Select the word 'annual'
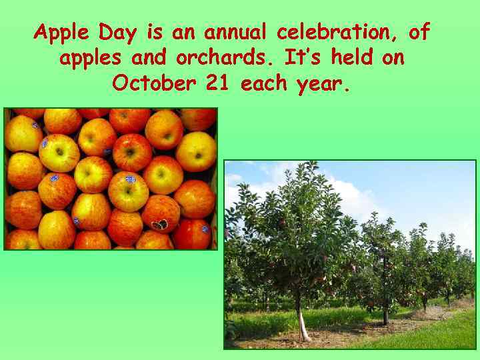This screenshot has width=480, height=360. (x=234, y=32)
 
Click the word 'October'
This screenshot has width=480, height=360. (x=154, y=84)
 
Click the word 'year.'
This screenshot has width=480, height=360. (x=322, y=85)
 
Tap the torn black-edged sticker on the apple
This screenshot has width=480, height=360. (x=159, y=225)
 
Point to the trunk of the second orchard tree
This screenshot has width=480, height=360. (x=385, y=313)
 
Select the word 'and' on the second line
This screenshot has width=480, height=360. (x=151, y=58)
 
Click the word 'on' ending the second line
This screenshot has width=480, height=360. (x=393, y=58)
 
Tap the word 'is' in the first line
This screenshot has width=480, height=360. (x=154, y=32)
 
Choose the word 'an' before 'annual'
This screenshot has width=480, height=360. (x=185, y=32)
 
